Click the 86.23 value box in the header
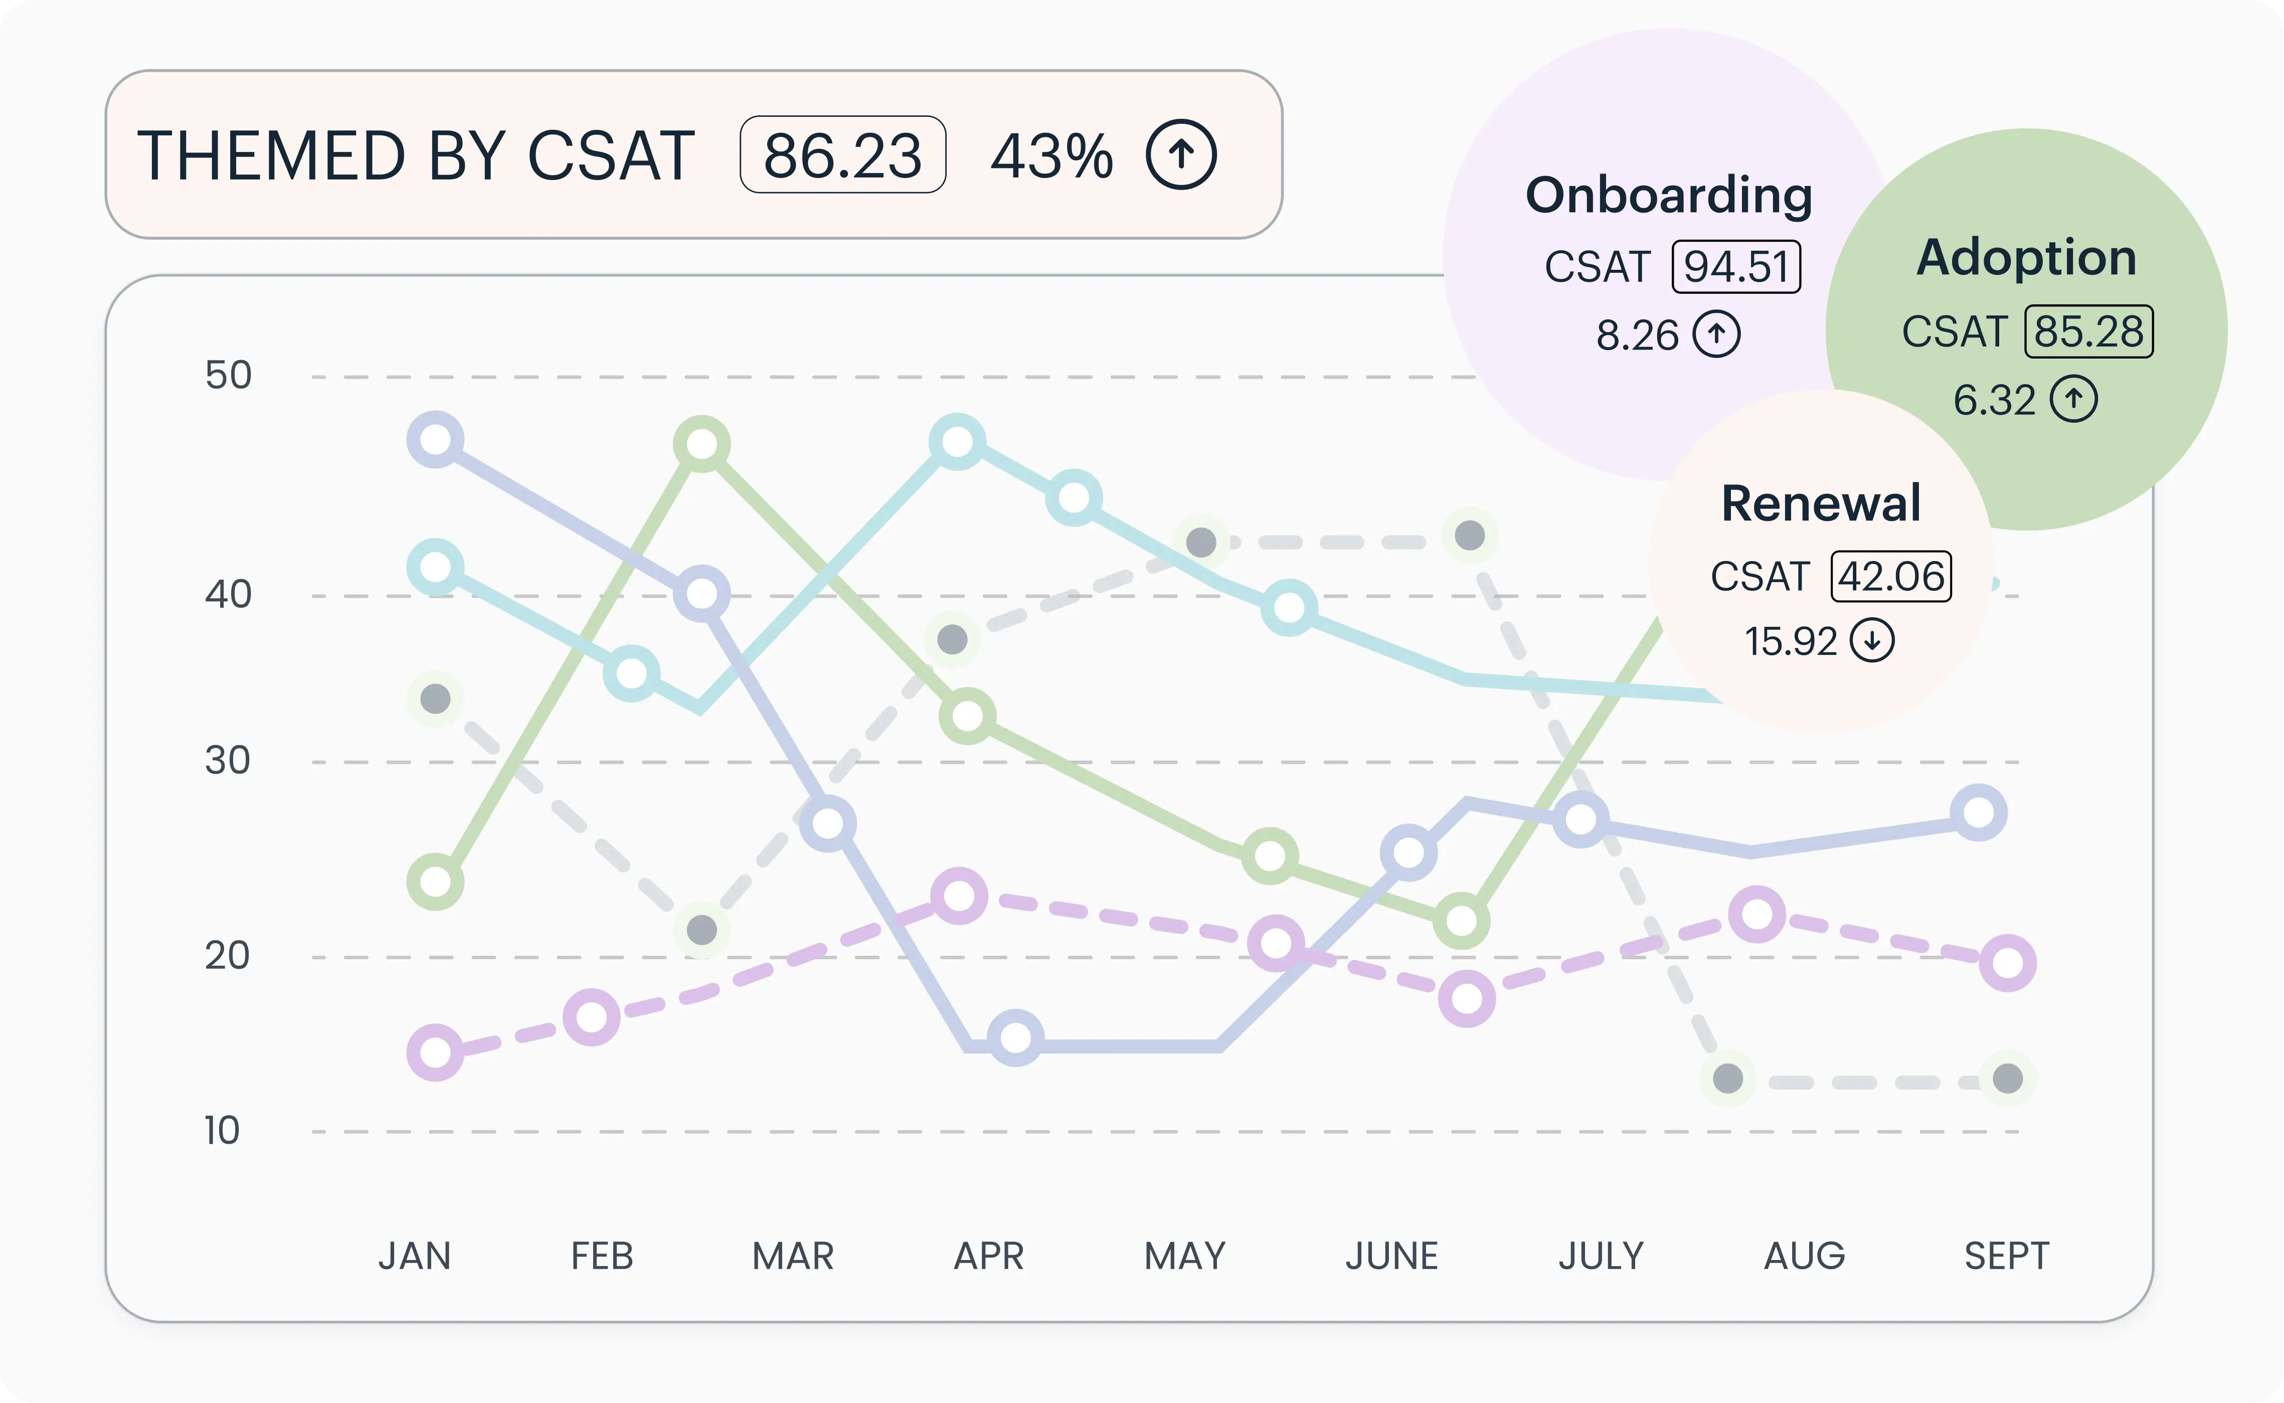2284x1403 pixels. [842, 155]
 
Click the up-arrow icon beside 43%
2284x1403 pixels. [1181, 155]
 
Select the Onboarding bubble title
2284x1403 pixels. [1669, 196]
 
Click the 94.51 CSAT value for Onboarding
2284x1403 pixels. [1736, 267]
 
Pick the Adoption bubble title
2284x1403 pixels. [2026, 257]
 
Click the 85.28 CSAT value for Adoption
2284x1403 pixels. [2088, 332]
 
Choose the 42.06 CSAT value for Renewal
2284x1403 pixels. [1891, 576]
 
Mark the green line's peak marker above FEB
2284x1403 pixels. [702, 444]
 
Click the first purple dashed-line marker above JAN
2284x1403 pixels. [435, 1052]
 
